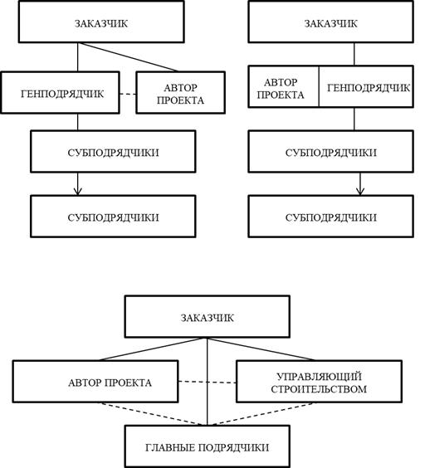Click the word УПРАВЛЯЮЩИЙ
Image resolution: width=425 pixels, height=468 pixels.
319,377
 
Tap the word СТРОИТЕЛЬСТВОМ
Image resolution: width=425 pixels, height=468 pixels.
319,389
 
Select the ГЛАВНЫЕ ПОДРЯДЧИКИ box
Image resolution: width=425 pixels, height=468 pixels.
208,446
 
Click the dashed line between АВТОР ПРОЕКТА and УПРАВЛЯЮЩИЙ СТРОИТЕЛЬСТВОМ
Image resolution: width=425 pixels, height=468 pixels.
208,382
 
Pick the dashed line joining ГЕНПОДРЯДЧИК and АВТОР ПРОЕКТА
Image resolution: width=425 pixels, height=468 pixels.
128,94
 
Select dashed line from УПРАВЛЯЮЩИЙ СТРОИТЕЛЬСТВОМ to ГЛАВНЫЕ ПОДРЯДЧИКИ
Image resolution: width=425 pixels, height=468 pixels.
261,414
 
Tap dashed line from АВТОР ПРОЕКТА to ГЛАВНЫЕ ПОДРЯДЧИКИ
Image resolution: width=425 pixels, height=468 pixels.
152,414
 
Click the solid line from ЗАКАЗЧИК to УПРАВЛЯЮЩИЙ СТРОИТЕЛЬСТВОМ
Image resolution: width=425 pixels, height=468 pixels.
261,349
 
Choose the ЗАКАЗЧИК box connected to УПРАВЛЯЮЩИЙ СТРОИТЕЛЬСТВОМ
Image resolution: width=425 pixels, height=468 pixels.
208,317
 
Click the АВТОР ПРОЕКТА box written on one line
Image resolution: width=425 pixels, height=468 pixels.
95,382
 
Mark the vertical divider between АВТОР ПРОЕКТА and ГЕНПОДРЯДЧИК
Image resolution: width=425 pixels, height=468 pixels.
319,86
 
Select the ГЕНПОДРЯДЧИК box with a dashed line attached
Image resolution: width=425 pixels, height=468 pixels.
61,93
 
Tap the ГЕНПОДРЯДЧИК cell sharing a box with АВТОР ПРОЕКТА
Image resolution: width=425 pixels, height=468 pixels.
366,86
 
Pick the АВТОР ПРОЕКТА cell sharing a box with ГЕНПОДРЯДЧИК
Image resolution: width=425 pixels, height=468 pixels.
283,86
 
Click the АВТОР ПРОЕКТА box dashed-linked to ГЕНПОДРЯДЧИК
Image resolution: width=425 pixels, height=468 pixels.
181,93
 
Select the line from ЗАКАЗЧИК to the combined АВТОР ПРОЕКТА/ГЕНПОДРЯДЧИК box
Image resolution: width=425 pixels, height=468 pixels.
354,54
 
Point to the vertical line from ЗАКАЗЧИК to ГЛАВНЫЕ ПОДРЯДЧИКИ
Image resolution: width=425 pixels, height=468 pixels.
208,382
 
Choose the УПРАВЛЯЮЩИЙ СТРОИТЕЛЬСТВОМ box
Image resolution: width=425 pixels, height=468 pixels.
320,382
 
